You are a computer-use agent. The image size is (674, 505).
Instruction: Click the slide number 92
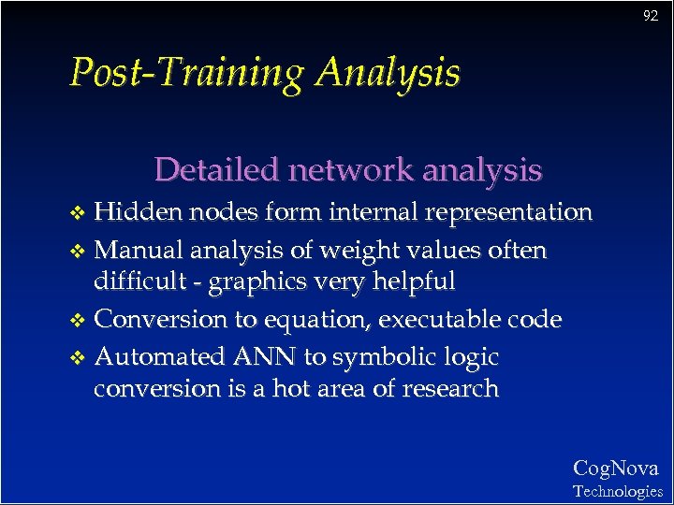point(651,16)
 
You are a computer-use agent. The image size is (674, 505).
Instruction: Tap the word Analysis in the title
point(388,72)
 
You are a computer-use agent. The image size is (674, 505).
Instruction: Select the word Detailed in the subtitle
point(217,169)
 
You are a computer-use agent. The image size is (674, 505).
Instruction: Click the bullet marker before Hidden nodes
point(81,214)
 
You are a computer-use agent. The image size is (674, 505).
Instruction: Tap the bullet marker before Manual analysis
point(81,252)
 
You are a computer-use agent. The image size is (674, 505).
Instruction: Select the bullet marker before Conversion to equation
point(81,321)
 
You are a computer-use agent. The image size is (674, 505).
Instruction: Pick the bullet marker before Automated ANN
point(81,358)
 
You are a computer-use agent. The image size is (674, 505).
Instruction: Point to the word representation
point(508,213)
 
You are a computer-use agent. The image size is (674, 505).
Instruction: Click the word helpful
point(411,281)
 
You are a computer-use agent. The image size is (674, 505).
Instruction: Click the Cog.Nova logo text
point(616,468)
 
